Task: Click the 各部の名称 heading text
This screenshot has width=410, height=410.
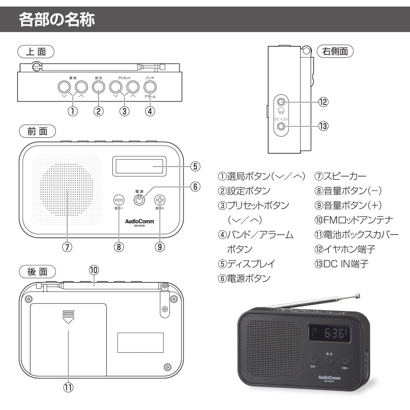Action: click(x=57, y=20)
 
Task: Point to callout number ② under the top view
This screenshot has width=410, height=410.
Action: click(x=98, y=111)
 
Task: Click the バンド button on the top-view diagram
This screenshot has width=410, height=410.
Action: click(x=150, y=87)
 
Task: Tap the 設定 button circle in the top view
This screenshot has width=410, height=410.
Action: click(x=98, y=87)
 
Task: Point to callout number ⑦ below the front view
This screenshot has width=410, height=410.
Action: click(x=68, y=247)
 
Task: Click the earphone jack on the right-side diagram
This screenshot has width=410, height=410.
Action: click(x=281, y=102)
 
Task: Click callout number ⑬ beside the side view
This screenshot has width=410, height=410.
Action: click(x=324, y=126)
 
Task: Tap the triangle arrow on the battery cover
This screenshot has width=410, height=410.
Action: click(x=68, y=320)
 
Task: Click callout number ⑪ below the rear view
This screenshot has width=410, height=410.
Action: click(x=68, y=387)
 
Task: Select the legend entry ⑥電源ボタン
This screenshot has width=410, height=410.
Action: click(x=244, y=278)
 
